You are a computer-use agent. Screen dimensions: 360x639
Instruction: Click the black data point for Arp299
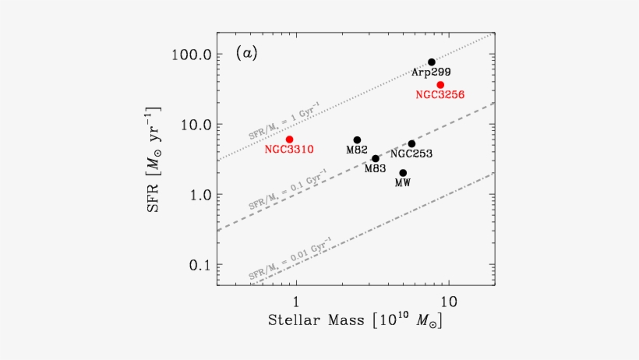click(432, 62)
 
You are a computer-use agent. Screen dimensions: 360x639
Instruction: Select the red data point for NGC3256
click(440, 84)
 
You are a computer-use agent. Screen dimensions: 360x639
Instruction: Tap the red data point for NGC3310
click(289, 139)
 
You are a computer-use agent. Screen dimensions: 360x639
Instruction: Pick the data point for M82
click(357, 139)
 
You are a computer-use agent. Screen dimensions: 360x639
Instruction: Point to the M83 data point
click(376, 158)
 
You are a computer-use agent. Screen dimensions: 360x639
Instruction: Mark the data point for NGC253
click(411, 143)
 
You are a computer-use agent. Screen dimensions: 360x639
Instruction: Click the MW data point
click(403, 172)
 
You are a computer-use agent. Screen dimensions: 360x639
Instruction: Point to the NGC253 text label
click(411, 154)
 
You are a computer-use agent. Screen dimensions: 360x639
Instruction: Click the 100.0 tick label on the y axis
click(190, 55)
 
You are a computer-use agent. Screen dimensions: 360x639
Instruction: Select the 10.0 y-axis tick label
click(193, 125)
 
